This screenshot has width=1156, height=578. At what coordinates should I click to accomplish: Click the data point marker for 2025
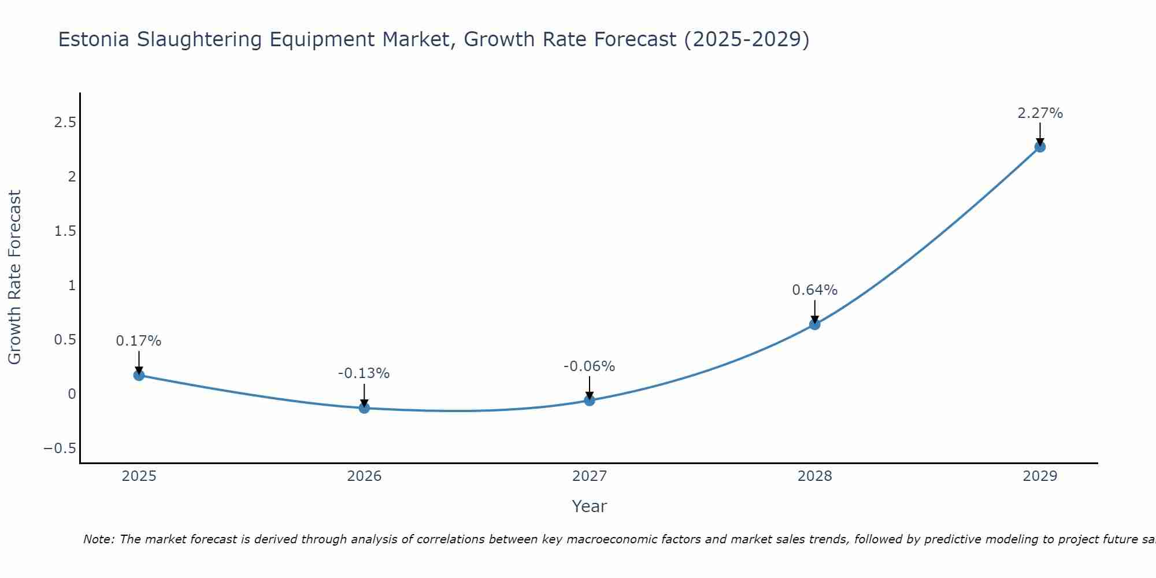pyautogui.click(x=139, y=375)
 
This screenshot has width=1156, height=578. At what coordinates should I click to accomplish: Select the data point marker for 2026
pyautogui.click(x=364, y=408)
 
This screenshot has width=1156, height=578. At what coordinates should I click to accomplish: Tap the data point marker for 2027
pyautogui.click(x=590, y=400)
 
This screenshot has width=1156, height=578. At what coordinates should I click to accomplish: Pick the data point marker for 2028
pyautogui.click(x=814, y=324)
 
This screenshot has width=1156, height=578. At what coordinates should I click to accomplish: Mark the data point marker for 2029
pyautogui.click(x=1040, y=147)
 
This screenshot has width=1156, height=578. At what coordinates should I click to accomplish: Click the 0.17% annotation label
pyautogui.click(x=139, y=341)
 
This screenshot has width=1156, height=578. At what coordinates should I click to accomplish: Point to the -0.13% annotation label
pyautogui.click(x=364, y=373)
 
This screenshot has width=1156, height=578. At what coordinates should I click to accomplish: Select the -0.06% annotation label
pyautogui.click(x=590, y=366)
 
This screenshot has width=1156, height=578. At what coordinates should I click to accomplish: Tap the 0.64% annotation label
pyautogui.click(x=814, y=290)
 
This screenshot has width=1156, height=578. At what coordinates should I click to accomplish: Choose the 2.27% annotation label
pyautogui.click(x=1040, y=113)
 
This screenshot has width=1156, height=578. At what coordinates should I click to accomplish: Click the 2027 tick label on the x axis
pyautogui.click(x=590, y=476)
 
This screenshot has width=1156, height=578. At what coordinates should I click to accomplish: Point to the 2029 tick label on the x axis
pyautogui.click(x=1040, y=476)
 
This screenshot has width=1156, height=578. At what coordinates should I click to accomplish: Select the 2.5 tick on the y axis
pyautogui.click(x=65, y=123)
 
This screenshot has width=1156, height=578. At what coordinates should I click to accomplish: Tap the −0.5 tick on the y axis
pyautogui.click(x=60, y=449)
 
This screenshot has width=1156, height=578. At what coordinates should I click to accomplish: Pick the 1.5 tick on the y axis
pyautogui.click(x=65, y=231)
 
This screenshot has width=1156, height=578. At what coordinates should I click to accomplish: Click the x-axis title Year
pyautogui.click(x=589, y=506)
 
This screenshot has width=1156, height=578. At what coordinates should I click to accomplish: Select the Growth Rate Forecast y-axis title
pyautogui.click(x=14, y=277)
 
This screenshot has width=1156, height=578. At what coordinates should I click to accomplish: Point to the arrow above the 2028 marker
pyautogui.click(x=814, y=311)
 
